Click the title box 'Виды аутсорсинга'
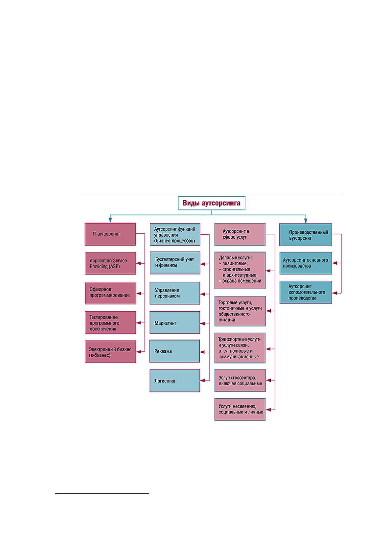pos(211,203)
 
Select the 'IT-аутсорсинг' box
pos(110,234)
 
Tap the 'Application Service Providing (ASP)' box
pos(110,263)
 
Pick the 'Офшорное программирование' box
pos(110,293)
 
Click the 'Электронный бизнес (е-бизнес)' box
pos(110,351)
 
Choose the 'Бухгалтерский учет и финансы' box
pos(175,263)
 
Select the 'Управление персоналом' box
pos(175,293)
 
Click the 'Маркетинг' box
pos(175,322)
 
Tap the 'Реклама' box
pos(175,351)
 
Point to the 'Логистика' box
pos(175,381)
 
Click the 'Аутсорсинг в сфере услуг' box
pos(240,234)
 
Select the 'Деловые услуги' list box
pos(240,270)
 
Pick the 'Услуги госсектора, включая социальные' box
pos(240,380)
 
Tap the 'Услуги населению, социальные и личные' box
pos(240,409)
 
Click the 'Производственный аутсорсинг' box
pos(306,234)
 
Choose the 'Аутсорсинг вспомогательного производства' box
pos(306,292)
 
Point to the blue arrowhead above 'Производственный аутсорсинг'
pos(306,220)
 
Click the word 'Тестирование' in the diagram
pos(103,317)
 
